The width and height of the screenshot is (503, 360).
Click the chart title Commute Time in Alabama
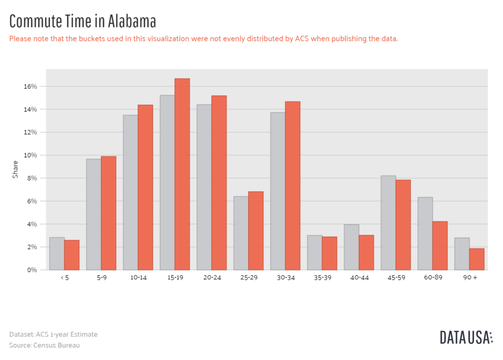point(83,22)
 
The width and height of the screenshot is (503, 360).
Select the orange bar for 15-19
point(182,174)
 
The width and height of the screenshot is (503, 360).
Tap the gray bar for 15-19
point(167,183)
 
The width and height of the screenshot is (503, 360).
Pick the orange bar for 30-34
point(293,186)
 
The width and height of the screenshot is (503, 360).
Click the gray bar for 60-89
point(425,234)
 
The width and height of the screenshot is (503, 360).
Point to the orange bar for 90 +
point(477,259)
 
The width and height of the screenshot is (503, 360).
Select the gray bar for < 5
point(57,254)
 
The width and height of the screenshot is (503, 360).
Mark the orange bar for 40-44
point(366,252)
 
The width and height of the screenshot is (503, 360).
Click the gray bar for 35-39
point(314,253)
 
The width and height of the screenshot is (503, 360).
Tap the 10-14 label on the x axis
point(138,278)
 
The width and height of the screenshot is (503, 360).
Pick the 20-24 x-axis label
point(212,278)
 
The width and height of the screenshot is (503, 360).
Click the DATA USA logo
point(466,337)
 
